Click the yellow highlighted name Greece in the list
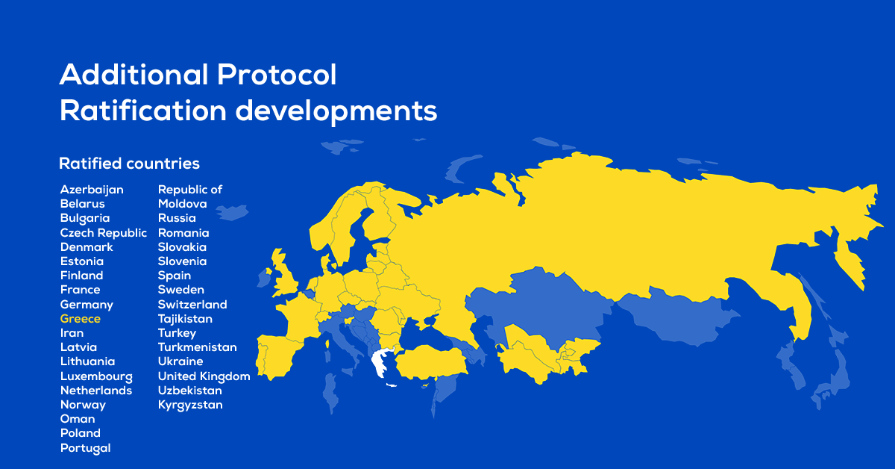pyautogui.click(x=81, y=319)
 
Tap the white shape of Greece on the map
pyautogui.click(x=381, y=362)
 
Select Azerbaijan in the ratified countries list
pyautogui.click(x=92, y=190)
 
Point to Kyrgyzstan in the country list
pyautogui.click(x=190, y=405)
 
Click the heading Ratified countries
pyautogui.click(x=129, y=164)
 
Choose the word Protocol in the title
pyautogui.click(x=277, y=75)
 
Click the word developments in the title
pyautogui.click(x=336, y=111)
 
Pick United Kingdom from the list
pyautogui.click(x=204, y=376)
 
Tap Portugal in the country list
pyautogui.click(x=86, y=448)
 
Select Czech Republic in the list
pyautogui.click(x=104, y=232)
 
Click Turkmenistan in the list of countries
pyautogui.click(x=198, y=347)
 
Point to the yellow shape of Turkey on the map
pyautogui.click(x=432, y=362)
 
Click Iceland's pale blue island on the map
pyautogui.click(x=232, y=212)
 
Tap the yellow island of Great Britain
pyautogui.click(x=284, y=274)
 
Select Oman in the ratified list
pyautogui.click(x=78, y=419)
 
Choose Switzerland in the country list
pyautogui.click(x=192, y=304)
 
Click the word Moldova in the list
pyautogui.click(x=183, y=204)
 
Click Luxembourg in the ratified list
pyautogui.click(x=96, y=376)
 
